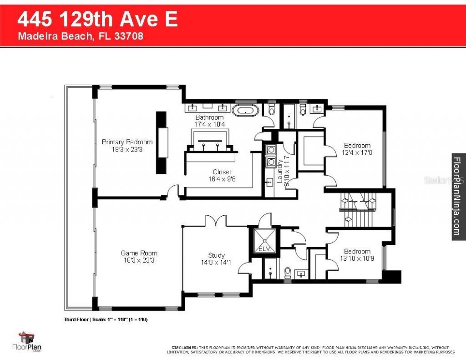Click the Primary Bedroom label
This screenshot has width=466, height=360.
[x=127, y=142]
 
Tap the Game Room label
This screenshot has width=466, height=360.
[x=139, y=253]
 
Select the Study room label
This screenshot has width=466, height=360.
[x=216, y=255]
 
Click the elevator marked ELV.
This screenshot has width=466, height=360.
[x=264, y=240]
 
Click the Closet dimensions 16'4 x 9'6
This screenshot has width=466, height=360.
[x=222, y=179]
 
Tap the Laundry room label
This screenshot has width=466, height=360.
[x=279, y=170]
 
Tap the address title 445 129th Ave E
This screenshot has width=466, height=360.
[x=97, y=20]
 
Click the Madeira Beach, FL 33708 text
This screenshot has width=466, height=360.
[x=81, y=36]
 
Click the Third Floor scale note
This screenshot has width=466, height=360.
[x=106, y=319]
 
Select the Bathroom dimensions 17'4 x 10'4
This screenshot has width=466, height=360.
[x=209, y=124]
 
